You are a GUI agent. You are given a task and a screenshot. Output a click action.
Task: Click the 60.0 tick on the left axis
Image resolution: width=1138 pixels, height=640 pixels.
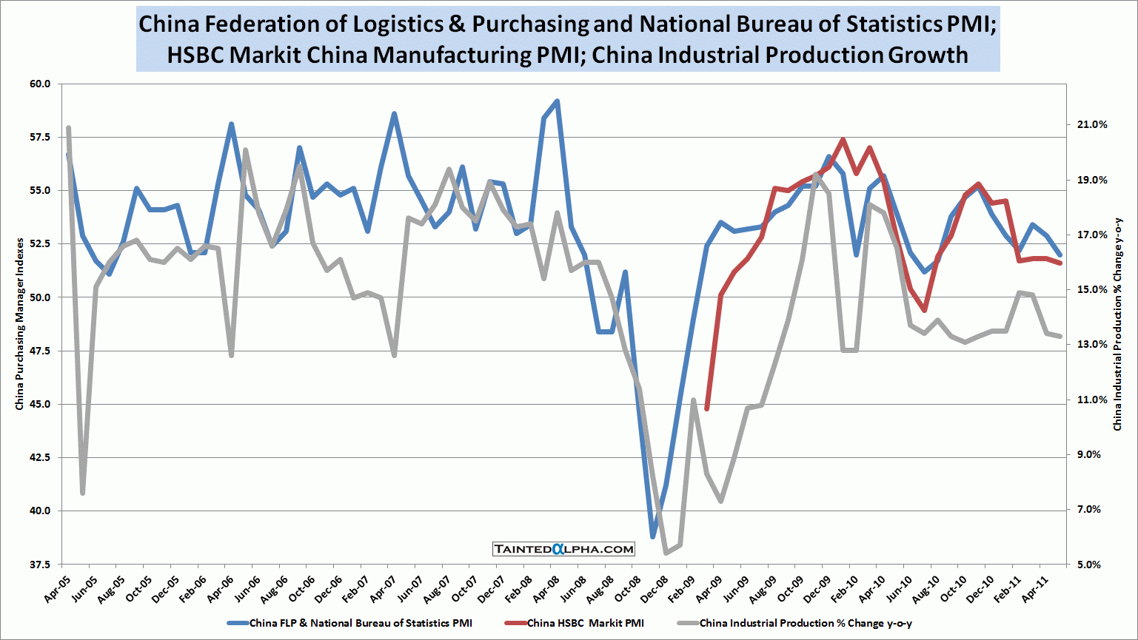point(39,84)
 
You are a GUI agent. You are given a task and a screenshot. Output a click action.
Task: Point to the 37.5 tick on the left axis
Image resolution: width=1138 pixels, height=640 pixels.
point(39,565)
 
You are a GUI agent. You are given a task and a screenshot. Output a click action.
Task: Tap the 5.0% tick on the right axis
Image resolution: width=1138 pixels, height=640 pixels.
point(1090,565)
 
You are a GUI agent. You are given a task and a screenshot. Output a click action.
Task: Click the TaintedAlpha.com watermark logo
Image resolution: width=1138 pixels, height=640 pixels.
point(564,549)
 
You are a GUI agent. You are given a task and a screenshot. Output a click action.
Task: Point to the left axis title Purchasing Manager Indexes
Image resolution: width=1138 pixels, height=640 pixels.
point(20,323)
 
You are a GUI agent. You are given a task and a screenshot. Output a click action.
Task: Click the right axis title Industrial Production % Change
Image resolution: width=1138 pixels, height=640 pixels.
point(1118,323)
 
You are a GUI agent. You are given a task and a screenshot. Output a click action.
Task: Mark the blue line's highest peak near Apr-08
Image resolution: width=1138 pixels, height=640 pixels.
point(557,101)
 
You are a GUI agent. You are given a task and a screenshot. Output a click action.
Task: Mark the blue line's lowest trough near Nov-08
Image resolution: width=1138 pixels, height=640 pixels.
point(653,536)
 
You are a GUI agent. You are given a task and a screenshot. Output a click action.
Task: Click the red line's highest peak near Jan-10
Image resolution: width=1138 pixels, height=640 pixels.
point(843,139)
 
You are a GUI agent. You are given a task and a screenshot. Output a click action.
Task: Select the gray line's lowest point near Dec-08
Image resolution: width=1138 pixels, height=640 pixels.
point(666,553)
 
